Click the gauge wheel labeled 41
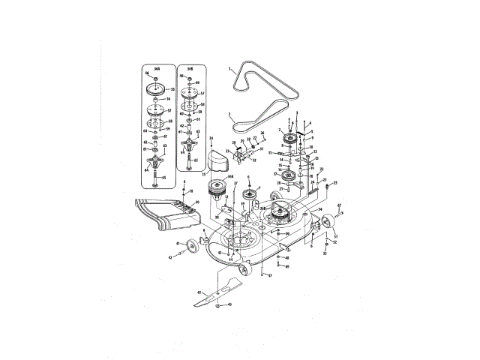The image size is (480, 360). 192,245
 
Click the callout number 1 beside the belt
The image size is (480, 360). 229,67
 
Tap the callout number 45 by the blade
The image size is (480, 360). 199,292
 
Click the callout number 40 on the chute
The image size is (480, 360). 196,203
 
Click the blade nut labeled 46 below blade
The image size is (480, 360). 217,306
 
